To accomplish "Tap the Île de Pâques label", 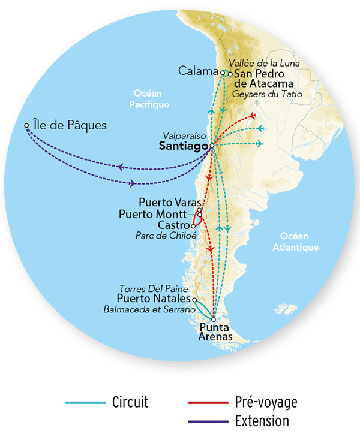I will pos(70,126).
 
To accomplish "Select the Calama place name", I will pos(199,71).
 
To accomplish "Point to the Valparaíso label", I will pos(187,135).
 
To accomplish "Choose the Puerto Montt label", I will pos(157,213).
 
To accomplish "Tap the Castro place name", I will pos(173,225).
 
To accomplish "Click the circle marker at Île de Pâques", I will pos(26,126).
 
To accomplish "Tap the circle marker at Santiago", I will pos(212,146).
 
